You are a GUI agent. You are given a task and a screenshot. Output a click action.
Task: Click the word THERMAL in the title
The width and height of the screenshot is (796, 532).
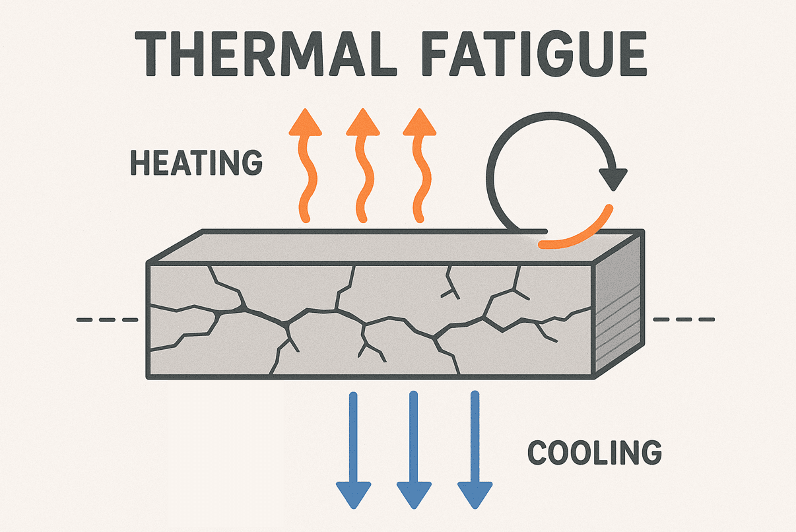point(265,53)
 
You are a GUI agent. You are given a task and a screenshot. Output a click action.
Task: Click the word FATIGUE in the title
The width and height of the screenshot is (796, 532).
point(534,53)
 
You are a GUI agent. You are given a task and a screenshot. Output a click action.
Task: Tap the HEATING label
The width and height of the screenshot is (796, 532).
point(197,162)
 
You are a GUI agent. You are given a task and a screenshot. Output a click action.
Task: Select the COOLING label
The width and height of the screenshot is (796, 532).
point(595,452)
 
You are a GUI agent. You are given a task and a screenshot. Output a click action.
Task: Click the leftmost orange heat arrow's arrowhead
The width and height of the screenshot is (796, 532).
point(305,123)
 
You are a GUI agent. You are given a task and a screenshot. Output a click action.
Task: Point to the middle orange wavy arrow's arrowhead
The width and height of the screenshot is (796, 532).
point(363,123)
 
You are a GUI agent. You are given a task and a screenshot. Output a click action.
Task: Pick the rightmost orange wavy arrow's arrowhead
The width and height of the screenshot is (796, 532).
point(419,123)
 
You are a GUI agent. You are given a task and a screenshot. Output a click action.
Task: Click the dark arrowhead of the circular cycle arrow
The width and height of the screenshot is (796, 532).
point(613,179)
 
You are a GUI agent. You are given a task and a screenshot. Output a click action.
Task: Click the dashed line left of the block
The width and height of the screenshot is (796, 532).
point(108,320)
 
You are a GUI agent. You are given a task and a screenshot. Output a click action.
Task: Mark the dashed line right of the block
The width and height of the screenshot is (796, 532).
point(684,319)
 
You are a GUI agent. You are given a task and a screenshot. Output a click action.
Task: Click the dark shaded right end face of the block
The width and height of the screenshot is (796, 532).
point(618,306)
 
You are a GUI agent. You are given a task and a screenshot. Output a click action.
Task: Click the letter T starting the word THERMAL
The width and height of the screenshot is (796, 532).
point(150,53)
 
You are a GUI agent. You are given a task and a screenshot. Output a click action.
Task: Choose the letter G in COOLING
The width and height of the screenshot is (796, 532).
point(649,452)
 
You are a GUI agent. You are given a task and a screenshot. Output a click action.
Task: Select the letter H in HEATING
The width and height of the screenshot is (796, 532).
point(139,162)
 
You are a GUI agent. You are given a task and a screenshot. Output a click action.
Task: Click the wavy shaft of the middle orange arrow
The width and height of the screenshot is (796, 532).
point(362,178)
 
